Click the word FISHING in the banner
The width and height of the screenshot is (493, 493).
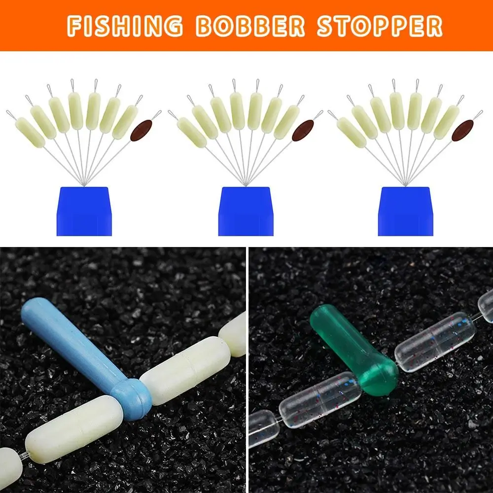(x=125, y=26)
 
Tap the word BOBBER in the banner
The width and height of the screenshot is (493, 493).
(x=250, y=26)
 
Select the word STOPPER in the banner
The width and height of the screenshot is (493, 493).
(x=380, y=26)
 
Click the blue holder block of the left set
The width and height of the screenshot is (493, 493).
(x=84, y=211)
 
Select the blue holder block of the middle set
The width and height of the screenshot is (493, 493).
(x=246, y=211)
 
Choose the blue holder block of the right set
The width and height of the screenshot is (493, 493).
(x=406, y=211)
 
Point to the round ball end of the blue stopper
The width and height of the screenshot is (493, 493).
(x=132, y=399)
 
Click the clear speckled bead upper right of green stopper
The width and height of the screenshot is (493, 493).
(x=435, y=342)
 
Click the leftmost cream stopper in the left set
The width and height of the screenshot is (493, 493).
(x=30, y=132)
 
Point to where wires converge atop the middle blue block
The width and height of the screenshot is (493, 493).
(x=245, y=185)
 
